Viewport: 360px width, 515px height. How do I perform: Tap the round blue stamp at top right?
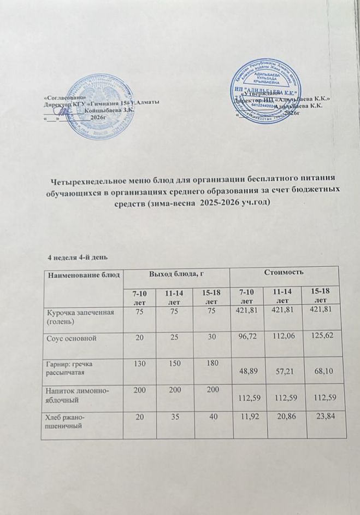coord(265,90)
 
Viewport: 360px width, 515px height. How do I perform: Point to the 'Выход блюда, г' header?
coord(173,272)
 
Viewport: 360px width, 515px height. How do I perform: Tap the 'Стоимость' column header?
coord(284,271)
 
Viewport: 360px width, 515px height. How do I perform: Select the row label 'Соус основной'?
coord(70,338)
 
